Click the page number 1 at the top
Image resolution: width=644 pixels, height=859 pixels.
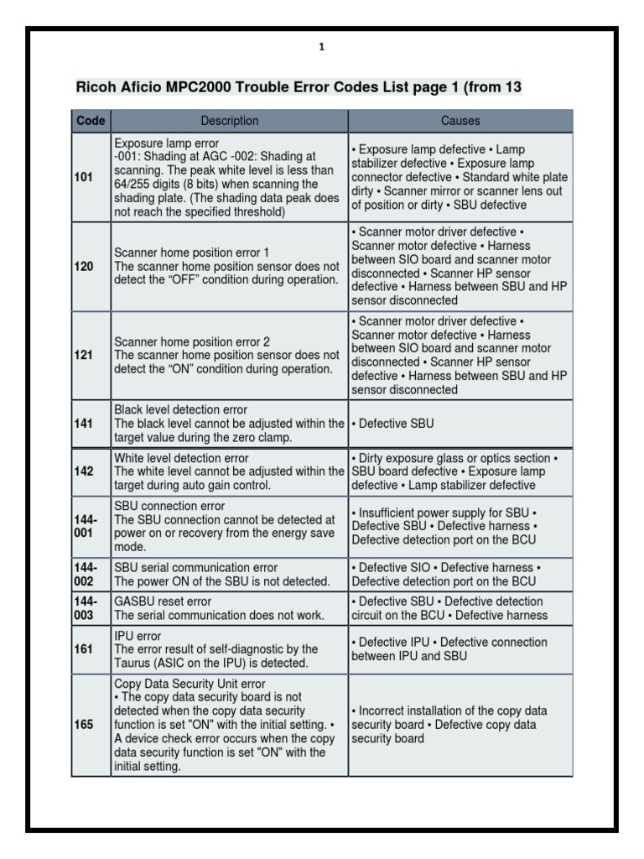click(x=321, y=48)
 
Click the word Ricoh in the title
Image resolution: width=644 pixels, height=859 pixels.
click(x=94, y=86)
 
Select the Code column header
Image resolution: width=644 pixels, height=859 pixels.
click(x=91, y=121)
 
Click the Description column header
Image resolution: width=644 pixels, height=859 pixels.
click(x=230, y=121)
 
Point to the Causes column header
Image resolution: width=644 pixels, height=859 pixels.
click(x=460, y=121)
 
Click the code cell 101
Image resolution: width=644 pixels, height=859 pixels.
click(x=84, y=178)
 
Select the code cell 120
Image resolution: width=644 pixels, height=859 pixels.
click(x=84, y=266)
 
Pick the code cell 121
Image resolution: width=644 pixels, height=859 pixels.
click(x=84, y=356)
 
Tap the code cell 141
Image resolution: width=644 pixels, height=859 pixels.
click(x=84, y=424)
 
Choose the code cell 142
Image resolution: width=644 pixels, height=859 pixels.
click(x=84, y=471)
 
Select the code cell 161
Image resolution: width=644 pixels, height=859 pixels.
click(x=84, y=648)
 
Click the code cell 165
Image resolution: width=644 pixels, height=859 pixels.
click(x=84, y=725)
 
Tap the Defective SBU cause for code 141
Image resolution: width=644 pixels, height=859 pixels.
click(x=392, y=424)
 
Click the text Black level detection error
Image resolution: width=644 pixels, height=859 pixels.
click(x=180, y=410)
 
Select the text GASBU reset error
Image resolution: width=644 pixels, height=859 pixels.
click(x=163, y=601)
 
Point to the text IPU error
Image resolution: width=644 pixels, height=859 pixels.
click(x=138, y=636)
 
